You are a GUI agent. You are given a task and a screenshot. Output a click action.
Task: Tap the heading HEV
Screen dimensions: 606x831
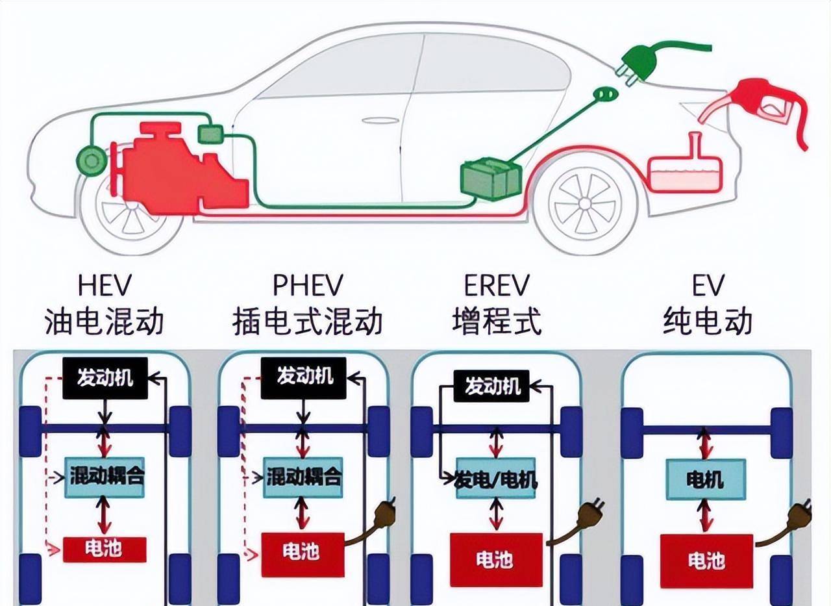(x=105, y=286)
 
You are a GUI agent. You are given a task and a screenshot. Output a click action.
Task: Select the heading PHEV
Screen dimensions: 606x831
(x=307, y=286)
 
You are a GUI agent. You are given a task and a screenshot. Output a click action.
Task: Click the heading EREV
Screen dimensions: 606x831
(x=497, y=286)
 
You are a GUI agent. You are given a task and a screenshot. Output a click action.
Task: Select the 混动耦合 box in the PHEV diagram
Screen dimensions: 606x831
(x=304, y=477)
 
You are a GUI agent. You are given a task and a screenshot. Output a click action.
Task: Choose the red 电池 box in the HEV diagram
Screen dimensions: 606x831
(x=105, y=549)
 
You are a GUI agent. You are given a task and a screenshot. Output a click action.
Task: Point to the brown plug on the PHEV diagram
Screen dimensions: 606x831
(x=384, y=511)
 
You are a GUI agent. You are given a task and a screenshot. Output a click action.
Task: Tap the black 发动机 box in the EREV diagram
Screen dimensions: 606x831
(x=492, y=386)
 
